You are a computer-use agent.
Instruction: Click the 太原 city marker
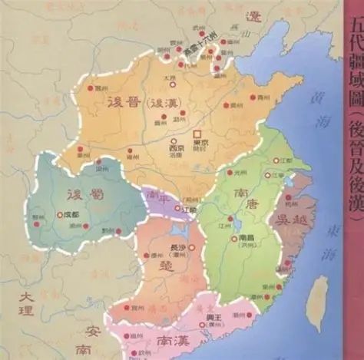point(170,84)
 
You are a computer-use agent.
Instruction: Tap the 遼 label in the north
point(253,17)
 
